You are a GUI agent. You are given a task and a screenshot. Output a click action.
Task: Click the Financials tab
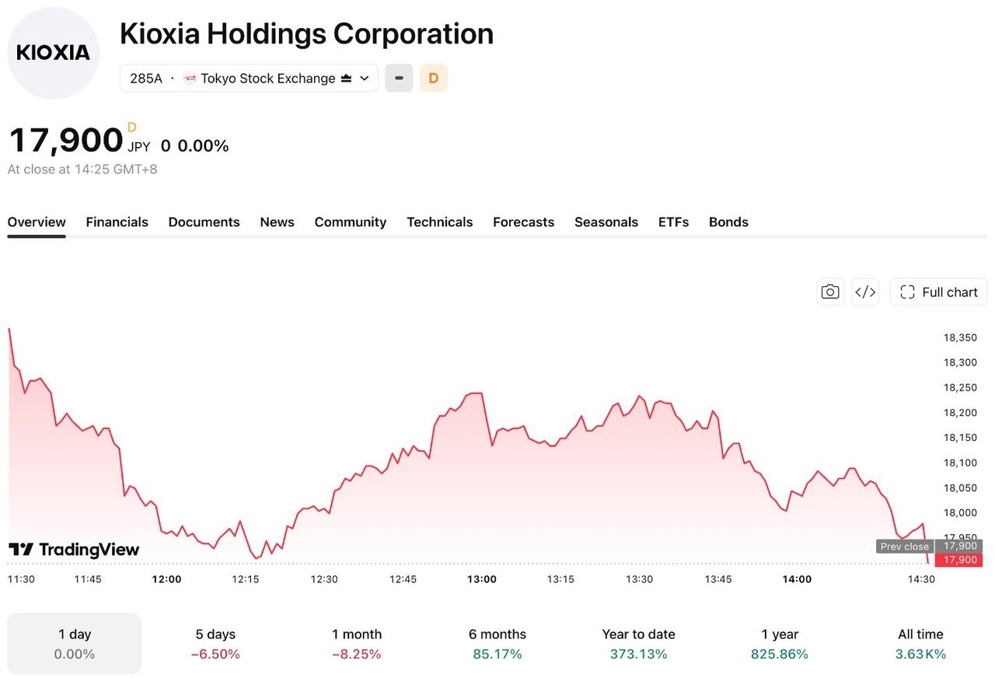117,222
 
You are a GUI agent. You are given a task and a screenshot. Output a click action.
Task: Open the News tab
278,222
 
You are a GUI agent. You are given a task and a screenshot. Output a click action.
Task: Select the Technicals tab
440,222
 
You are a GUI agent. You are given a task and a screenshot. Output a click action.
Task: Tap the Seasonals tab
606,222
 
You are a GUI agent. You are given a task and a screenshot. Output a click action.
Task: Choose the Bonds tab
728,222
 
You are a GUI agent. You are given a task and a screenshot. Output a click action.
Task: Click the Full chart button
938,292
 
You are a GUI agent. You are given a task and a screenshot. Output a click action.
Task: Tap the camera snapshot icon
830,292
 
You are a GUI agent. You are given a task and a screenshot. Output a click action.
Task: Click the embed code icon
865,292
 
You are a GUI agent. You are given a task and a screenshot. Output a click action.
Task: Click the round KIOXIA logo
54,53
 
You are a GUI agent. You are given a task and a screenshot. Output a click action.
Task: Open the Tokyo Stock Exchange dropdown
249,79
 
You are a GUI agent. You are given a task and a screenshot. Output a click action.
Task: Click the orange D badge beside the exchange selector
434,79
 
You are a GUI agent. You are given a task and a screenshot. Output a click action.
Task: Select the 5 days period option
215,644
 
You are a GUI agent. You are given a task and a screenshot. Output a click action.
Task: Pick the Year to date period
638,644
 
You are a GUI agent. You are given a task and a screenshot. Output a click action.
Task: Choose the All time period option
920,644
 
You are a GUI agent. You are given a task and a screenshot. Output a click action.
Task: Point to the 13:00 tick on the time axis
482,579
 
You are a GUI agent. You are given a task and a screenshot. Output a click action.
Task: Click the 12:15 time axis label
245,579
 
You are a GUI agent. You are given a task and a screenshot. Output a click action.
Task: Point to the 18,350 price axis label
960,337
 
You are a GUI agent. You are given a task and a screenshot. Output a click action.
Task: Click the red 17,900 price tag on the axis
958,560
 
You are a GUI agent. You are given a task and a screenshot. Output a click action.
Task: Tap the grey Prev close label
905,547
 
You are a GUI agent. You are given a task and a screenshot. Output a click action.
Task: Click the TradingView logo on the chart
74,550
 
